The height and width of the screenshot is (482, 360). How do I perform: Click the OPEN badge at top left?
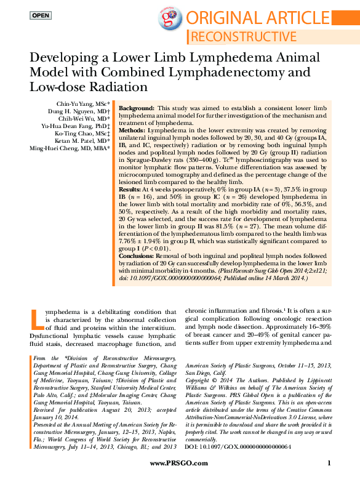click(x=41, y=15)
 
